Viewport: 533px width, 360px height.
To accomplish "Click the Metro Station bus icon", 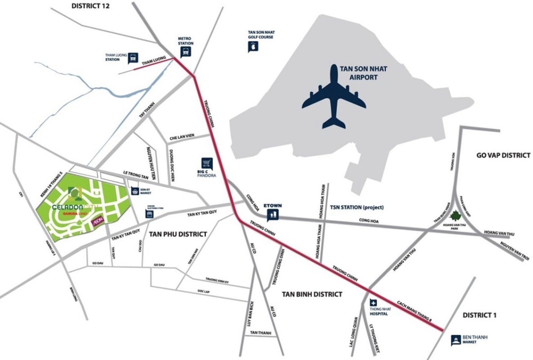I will pyautogui.click(x=185, y=52).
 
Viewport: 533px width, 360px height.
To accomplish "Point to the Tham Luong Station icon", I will pyautogui.click(x=133, y=58).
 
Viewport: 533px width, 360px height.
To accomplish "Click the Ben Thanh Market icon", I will pyautogui.click(x=456, y=339).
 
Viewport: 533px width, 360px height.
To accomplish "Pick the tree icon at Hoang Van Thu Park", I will pyautogui.click(x=456, y=216).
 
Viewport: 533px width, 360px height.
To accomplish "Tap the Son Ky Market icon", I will pyautogui.click(x=134, y=191).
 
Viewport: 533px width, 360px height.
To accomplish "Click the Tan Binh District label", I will pyautogui.click(x=312, y=294).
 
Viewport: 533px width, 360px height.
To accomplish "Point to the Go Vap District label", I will pyautogui.click(x=503, y=155).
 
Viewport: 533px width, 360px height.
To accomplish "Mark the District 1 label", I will pyautogui.click(x=479, y=315).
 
